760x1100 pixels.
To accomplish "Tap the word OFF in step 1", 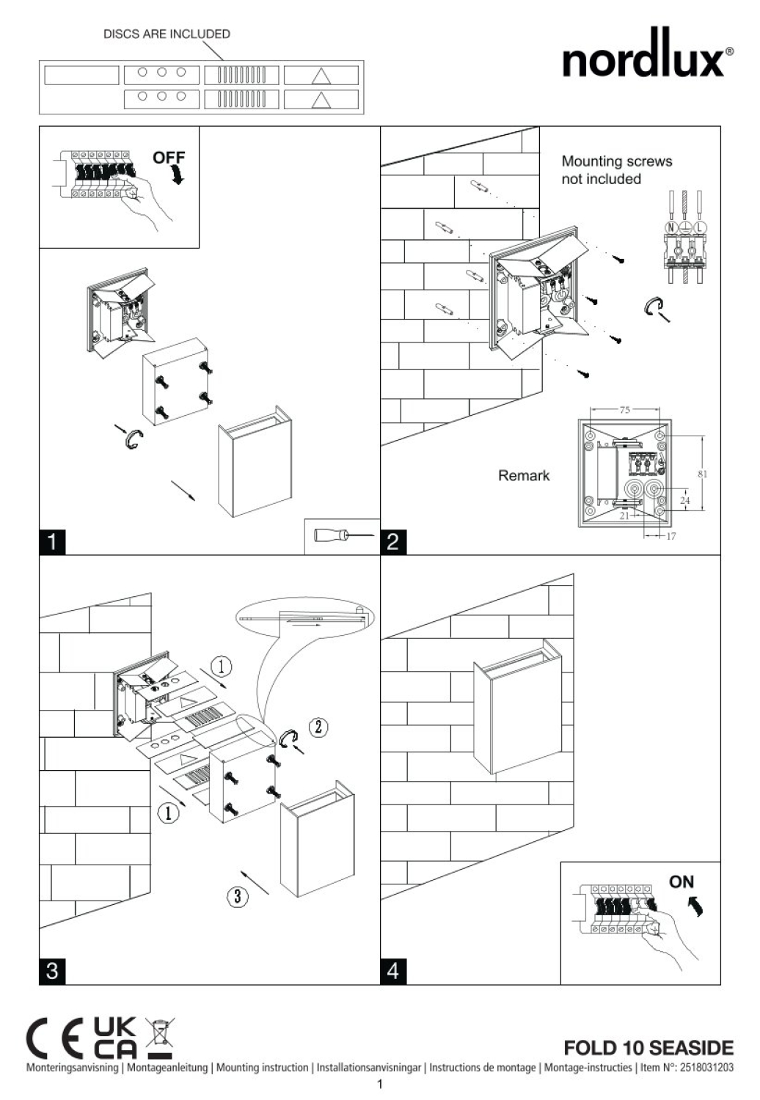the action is point(169,158).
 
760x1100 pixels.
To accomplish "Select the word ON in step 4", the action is point(681,882).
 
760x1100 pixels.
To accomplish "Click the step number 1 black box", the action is point(52,542).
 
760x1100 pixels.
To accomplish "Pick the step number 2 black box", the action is point(393,542).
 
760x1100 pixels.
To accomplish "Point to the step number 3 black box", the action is point(52,972).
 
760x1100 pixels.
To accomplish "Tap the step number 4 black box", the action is point(393,972).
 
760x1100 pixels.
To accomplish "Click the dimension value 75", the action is point(624,409).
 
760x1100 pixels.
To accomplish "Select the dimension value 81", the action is point(702,474).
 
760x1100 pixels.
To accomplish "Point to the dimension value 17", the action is point(671,536).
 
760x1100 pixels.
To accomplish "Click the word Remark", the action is point(524,475).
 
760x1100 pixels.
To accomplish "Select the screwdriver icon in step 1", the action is point(343,535).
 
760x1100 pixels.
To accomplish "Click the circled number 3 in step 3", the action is point(237,896).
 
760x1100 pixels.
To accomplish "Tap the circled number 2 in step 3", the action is point(318,727).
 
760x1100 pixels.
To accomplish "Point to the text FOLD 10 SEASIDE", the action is point(648,1047).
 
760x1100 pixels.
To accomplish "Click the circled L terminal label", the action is point(699,227).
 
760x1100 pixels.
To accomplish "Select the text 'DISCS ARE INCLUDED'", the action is point(167,34).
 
